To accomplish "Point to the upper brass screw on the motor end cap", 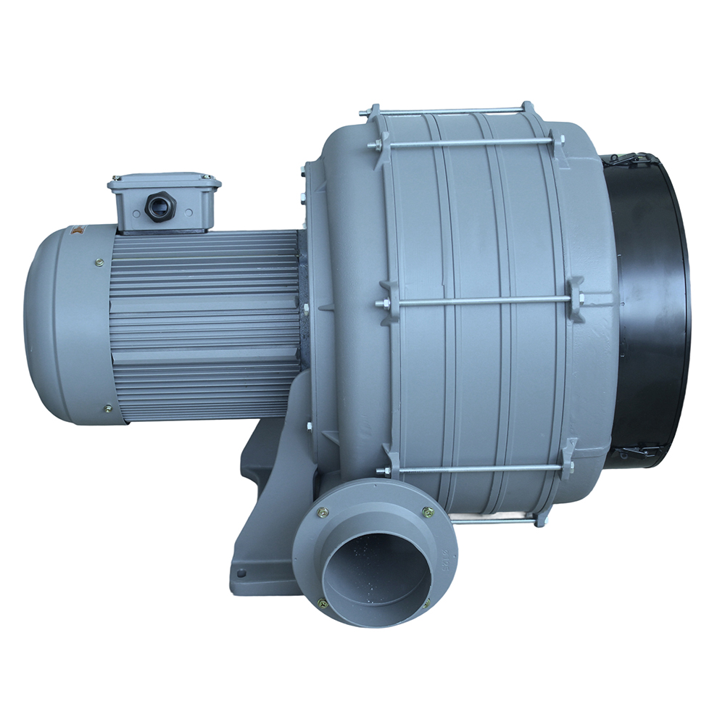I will [99, 263].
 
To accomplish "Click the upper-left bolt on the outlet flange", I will [323, 513].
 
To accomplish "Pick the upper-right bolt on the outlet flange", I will [428, 513].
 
